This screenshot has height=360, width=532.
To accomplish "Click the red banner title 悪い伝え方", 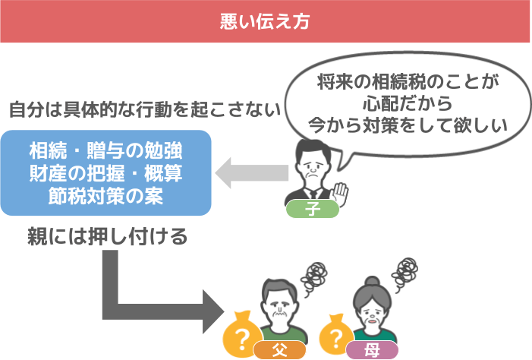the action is [265, 21].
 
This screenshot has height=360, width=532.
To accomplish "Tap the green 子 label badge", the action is [313, 209].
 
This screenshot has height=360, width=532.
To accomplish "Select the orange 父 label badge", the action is [279, 350].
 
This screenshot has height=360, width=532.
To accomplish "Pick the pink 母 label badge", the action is [372, 350].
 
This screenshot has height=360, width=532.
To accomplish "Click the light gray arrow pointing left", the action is [252, 173].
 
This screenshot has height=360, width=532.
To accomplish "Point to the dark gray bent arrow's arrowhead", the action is [213, 311].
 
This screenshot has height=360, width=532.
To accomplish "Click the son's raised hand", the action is [340, 194].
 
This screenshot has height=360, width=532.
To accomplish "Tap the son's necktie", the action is [313, 194].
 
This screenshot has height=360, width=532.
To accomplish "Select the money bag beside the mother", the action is [336, 336].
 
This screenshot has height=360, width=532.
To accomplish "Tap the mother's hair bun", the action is [372, 281].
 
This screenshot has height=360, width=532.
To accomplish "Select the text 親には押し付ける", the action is [107, 236].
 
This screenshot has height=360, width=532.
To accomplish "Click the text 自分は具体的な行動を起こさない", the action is [145, 109].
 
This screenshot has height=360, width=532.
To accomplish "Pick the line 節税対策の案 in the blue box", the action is [105, 196].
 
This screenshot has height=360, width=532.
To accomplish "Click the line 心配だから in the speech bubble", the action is [408, 103].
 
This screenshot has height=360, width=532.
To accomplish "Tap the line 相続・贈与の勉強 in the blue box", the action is [105, 150].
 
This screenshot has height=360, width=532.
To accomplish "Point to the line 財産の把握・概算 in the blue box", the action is [105, 173].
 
